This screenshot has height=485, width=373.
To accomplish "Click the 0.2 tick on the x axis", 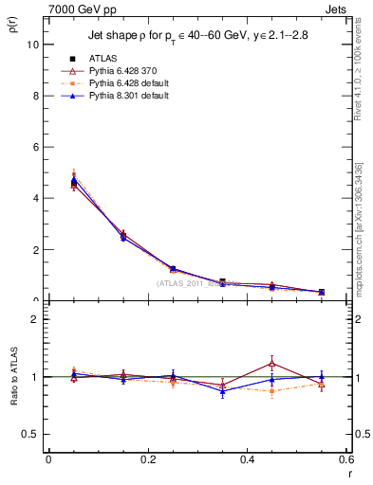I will [x=147, y=458].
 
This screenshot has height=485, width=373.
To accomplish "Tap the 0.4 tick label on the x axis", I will [x=247, y=458].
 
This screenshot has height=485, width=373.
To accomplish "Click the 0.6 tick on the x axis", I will [x=345, y=458].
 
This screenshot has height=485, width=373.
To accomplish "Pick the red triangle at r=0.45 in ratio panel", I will [x=272, y=363].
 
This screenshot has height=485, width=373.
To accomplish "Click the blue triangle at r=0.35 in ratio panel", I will [x=222, y=390].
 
